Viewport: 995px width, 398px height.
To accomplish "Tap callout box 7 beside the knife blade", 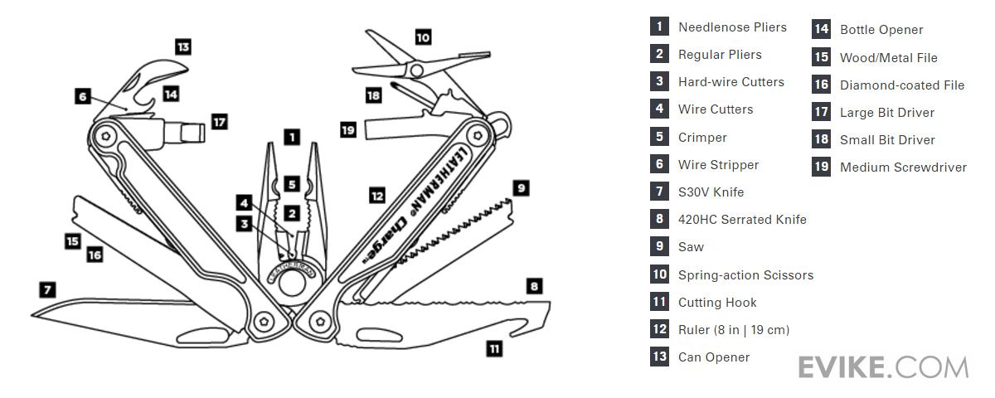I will pyautogui.click(x=47, y=289).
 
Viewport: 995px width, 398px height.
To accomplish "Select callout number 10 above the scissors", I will pyautogui.click(x=423, y=37).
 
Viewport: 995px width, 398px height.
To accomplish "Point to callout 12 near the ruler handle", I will pyautogui.click(x=377, y=196).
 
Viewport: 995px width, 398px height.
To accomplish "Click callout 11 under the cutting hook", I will pyautogui.click(x=494, y=349).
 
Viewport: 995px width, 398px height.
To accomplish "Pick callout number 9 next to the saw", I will pyautogui.click(x=521, y=188).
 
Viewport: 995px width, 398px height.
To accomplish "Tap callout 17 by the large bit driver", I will pyautogui.click(x=218, y=122).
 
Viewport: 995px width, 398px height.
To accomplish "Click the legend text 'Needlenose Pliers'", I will pyautogui.click(x=732, y=27).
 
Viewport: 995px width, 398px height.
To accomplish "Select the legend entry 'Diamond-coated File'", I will pyautogui.click(x=901, y=85).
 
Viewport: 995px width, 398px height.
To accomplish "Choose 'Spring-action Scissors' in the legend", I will pyautogui.click(x=745, y=274).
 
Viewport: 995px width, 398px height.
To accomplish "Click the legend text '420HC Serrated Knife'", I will pyautogui.click(x=742, y=220).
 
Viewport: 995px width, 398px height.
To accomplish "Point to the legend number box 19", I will pyautogui.click(x=821, y=167).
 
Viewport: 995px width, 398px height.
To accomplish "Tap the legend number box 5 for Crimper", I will pyautogui.click(x=659, y=137).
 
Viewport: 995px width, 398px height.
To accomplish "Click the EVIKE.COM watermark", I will pyautogui.click(x=883, y=366).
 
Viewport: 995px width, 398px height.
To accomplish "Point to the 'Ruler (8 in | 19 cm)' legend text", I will pyautogui.click(x=733, y=330).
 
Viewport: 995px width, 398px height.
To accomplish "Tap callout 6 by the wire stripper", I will pyautogui.click(x=82, y=96).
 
